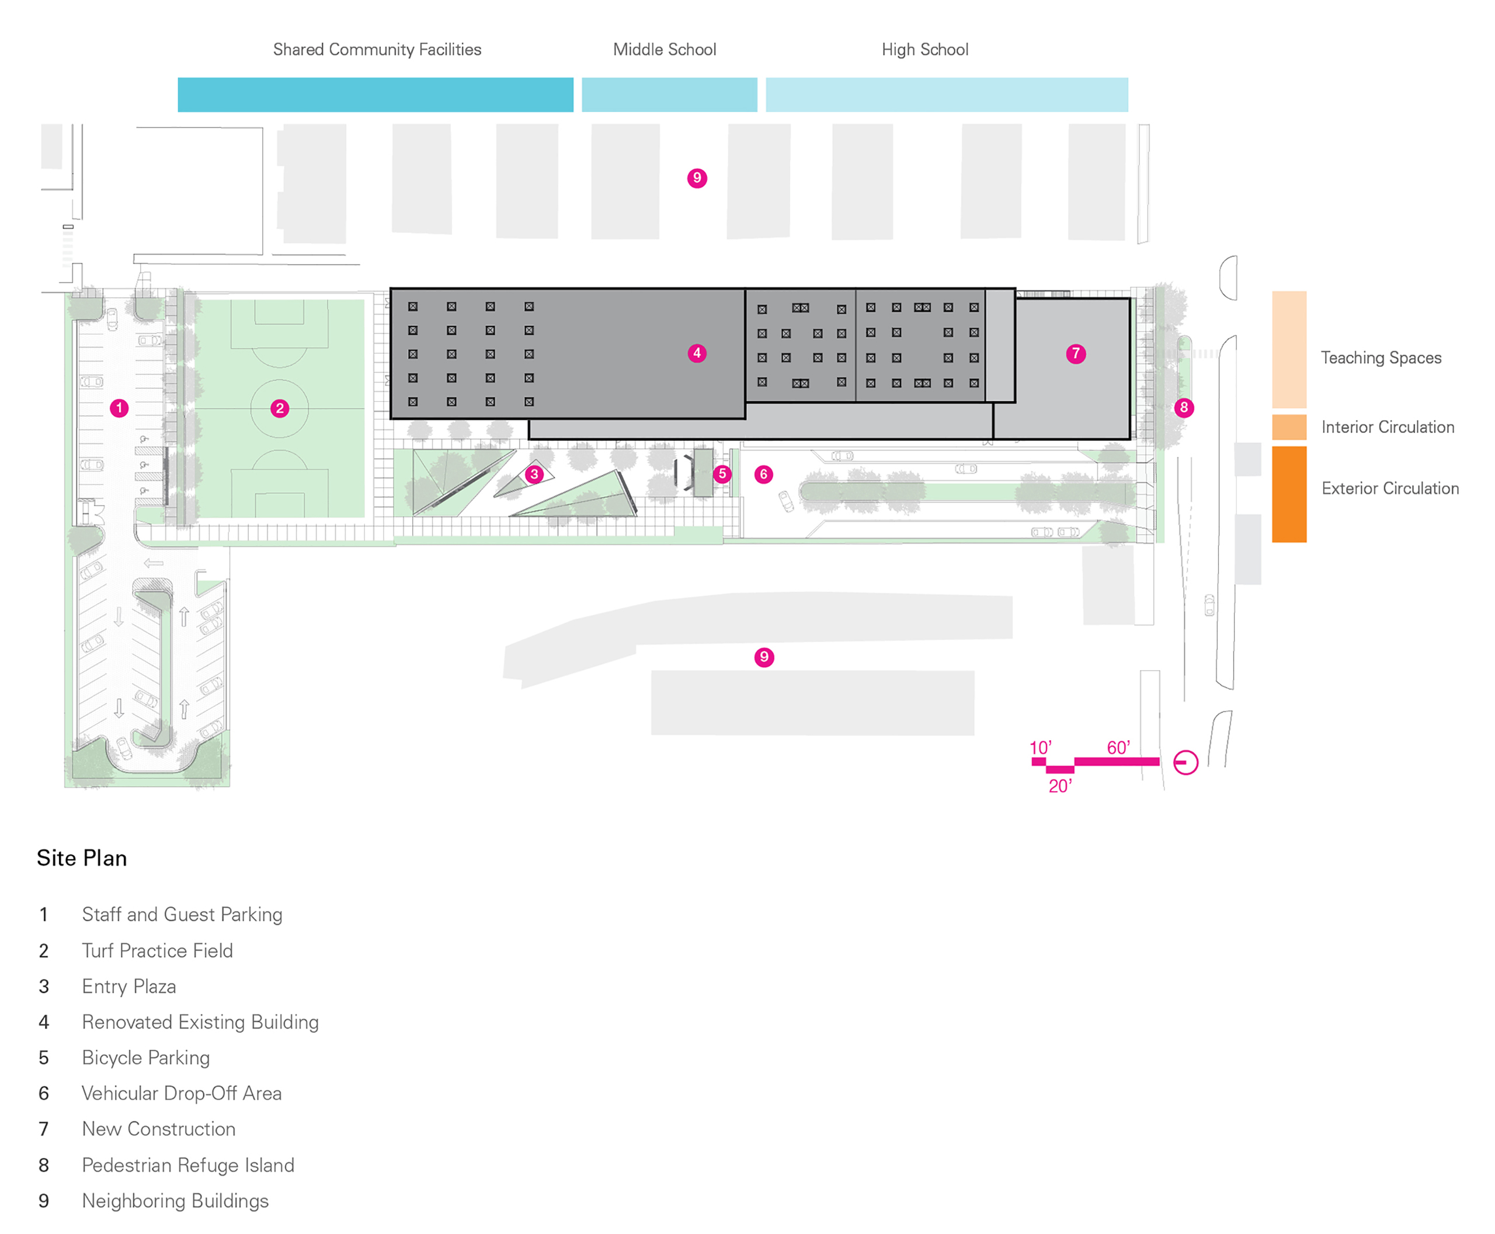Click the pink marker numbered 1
(x=119, y=408)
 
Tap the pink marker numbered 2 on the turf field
(x=280, y=408)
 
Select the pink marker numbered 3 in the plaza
(x=534, y=474)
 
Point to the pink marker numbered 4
(x=697, y=353)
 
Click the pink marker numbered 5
(x=722, y=473)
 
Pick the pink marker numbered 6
(x=764, y=474)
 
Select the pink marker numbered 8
(x=1184, y=407)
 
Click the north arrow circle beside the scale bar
(x=1185, y=763)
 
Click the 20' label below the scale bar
(x=1060, y=786)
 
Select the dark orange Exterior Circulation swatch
(x=1289, y=494)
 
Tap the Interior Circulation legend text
(x=1388, y=427)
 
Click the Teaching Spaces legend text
(x=1381, y=358)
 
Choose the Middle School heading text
(x=665, y=50)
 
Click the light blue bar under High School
(x=947, y=95)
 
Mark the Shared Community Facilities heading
(x=377, y=50)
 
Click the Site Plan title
(x=82, y=858)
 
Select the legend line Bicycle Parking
(x=146, y=1058)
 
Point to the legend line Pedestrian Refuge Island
(x=188, y=1165)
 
